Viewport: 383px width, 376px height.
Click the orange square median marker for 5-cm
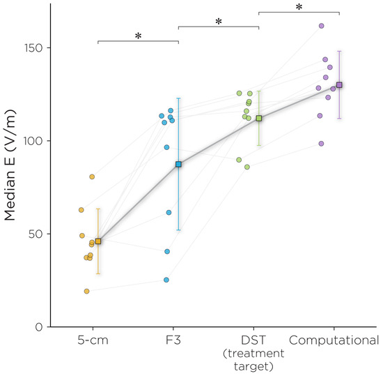tap(97, 241)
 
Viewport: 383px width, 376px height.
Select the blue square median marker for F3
tap(178, 164)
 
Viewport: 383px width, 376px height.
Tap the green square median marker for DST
tap(259, 119)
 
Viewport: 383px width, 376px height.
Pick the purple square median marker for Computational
tap(339, 85)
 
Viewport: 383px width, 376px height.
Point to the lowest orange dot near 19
tap(87, 291)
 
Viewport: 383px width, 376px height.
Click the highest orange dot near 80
tap(92, 176)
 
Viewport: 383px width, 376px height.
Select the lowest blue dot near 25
tap(166, 280)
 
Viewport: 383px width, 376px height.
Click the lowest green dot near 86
tap(247, 167)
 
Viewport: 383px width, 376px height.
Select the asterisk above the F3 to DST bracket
tap(219, 22)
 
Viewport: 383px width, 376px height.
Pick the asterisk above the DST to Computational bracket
tap(299, 8)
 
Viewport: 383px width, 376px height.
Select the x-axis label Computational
tap(334, 340)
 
